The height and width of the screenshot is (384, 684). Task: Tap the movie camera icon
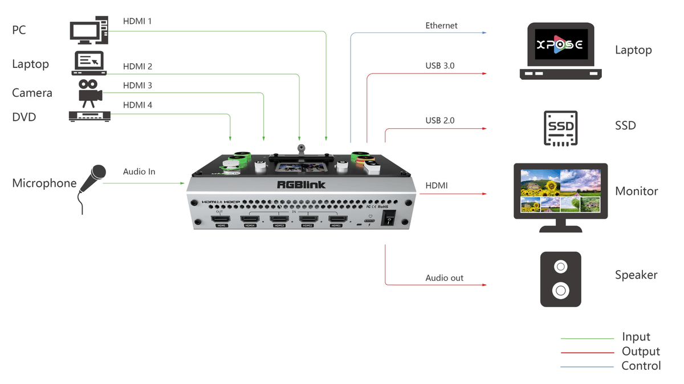pos(89,93)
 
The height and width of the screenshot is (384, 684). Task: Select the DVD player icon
pos(89,116)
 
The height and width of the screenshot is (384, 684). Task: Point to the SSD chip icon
pos(561,128)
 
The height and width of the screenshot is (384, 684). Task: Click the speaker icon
pos(561,279)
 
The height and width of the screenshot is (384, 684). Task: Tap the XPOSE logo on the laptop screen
pos(561,45)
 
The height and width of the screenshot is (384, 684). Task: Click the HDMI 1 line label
pos(137,22)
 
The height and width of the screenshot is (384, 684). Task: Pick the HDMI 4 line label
pos(137,105)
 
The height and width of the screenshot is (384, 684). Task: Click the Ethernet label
pos(441,26)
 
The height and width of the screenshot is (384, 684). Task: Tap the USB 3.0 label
pos(440,66)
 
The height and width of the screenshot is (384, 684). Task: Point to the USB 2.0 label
pos(440,120)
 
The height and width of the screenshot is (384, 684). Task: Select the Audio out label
pos(444,278)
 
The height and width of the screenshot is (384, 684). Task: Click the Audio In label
pos(139,171)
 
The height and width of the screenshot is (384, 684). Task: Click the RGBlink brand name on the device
pos(300,185)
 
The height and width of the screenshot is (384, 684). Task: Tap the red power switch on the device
pos(388,218)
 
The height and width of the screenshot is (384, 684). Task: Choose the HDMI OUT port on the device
pos(220,219)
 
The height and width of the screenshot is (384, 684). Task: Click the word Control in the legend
pos(641,366)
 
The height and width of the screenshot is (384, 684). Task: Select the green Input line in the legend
pos(587,338)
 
